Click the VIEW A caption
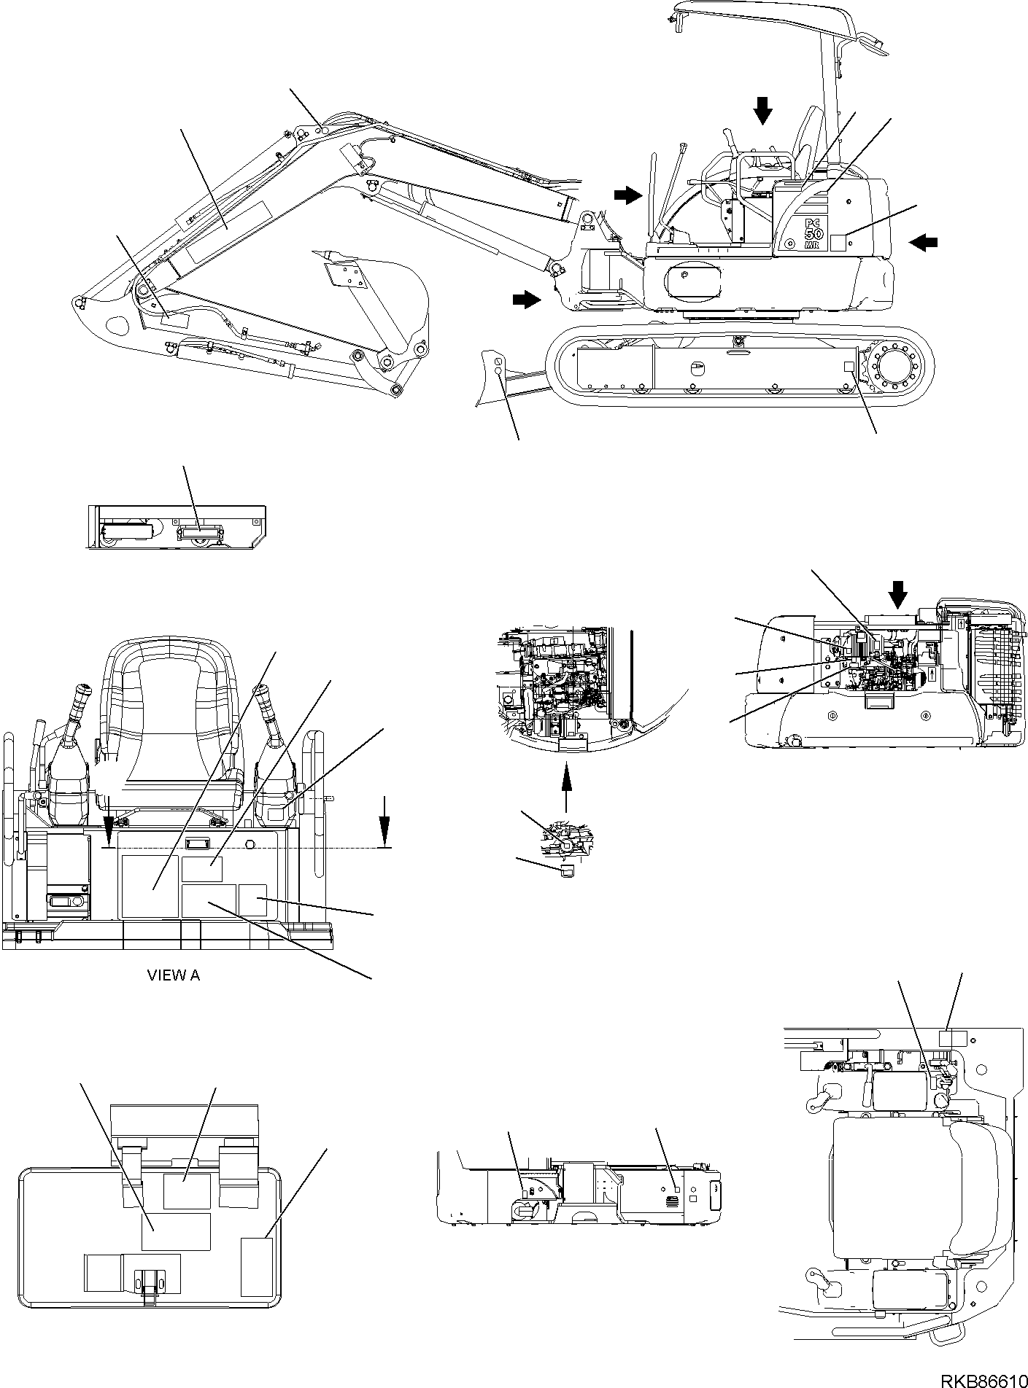point(174,975)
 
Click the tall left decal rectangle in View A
point(150,886)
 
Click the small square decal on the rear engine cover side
point(838,243)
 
